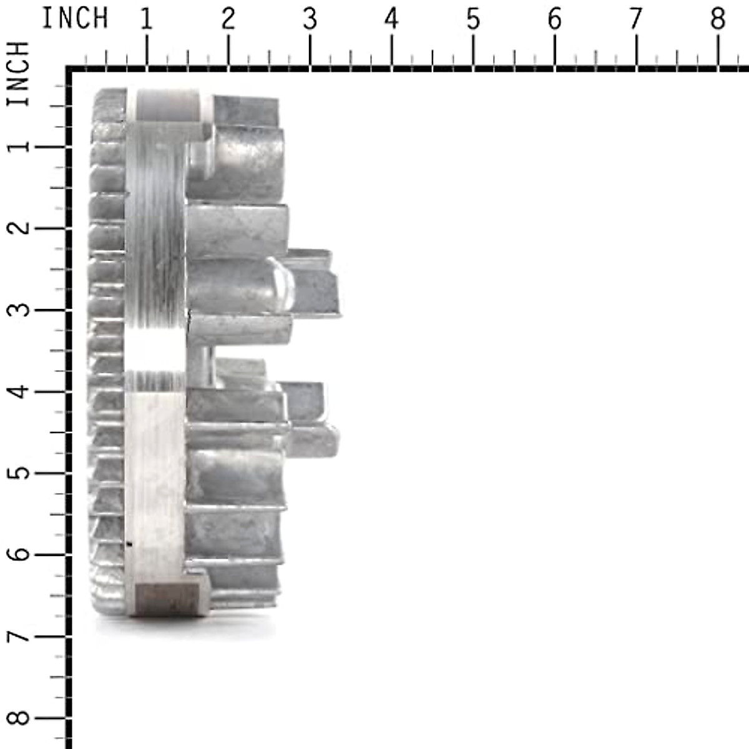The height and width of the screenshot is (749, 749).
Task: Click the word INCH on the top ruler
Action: click(75, 19)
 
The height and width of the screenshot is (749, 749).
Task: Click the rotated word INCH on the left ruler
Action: click(19, 74)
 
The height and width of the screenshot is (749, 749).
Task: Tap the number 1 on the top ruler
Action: click(146, 19)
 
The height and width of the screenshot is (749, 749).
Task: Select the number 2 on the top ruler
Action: click(228, 19)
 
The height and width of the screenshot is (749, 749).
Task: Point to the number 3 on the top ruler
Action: click(310, 19)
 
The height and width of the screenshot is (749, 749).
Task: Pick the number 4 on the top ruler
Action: click(391, 19)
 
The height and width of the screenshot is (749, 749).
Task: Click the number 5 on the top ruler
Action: click(473, 19)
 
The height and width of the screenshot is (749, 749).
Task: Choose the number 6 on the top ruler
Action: click(555, 19)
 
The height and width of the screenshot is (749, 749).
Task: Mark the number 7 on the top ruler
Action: click(636, 19)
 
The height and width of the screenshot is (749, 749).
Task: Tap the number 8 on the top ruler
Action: click(718, 19)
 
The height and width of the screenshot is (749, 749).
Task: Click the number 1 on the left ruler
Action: click(20, 146)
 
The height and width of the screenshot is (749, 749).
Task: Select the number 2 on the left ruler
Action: click(20, 228)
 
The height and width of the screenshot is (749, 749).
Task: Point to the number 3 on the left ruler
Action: click(20, 310)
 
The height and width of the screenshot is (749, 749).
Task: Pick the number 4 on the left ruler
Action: click(20, 391)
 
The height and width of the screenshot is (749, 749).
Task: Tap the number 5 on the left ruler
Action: click(20, 473)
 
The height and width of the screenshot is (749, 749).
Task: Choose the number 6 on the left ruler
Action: click(20, 555)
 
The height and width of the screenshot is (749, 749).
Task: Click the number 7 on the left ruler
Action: click(20, 636)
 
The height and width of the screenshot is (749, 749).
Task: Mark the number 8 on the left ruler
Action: click(20, 718)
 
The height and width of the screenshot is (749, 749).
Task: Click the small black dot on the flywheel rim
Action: click(129, 544)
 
